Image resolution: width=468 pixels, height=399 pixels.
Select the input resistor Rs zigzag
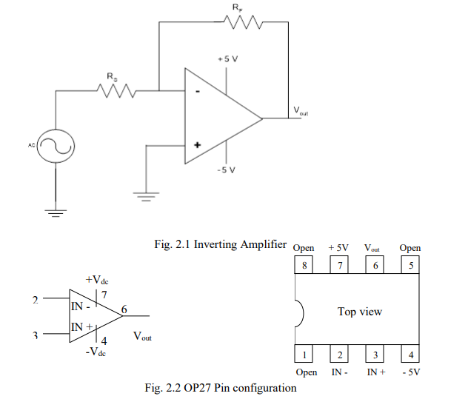[x=113, y=91]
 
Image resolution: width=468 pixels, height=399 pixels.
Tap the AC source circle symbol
[x=56, y=147]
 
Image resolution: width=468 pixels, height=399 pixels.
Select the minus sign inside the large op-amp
[x=197, y=92]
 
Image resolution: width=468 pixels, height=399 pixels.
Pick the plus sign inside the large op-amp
[x=197, y=145]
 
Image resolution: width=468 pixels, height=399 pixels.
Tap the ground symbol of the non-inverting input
[x=146, y=197]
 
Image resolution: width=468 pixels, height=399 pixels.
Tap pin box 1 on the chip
[x=303, y=355]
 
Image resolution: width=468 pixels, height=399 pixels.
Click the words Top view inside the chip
[x=359, y=312]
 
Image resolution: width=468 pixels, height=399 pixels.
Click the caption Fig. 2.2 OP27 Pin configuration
[x=221, y=388]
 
